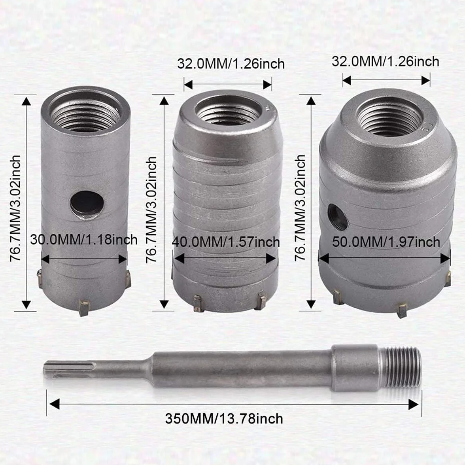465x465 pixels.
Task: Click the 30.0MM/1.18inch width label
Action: [x=84, y=240]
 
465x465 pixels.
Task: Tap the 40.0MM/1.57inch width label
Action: [x=226, y=242]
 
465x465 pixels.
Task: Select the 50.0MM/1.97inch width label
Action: [x=386, y=242]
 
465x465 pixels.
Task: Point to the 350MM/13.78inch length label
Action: [x=224, y=419]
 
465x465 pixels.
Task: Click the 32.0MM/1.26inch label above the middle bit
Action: [x=231, y=64]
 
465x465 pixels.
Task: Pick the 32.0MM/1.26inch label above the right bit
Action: [x=386, y=62]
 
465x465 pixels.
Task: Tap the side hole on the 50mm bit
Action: [x=338, y=216]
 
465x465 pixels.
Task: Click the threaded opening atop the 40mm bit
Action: [x=228, y=112]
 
